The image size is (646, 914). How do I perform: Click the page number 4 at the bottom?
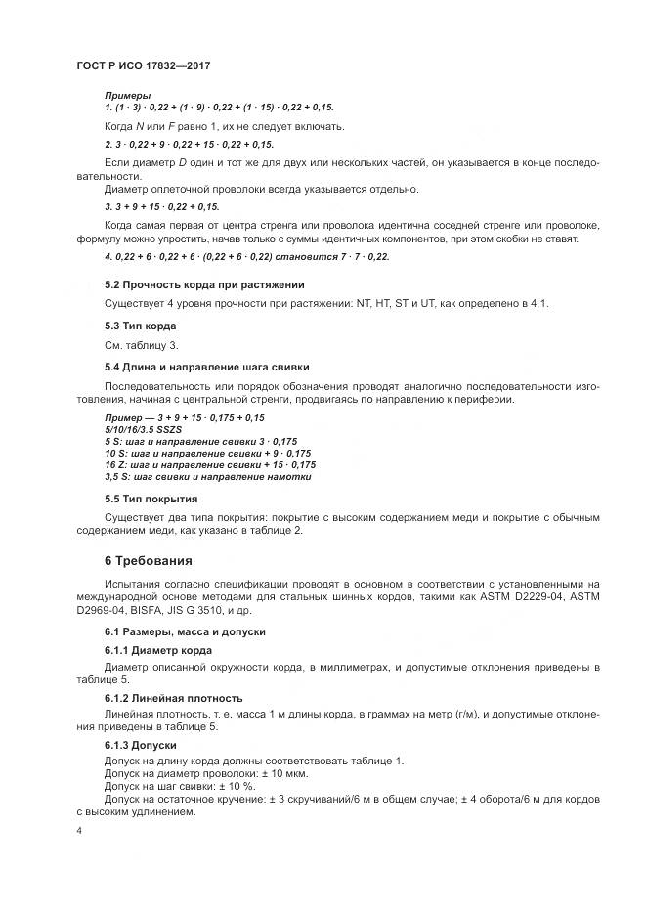(80, 830)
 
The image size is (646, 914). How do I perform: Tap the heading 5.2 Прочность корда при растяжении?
(204, 284)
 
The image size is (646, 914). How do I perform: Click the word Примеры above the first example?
(127, 95)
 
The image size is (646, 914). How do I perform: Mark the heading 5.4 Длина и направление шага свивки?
(206, 366)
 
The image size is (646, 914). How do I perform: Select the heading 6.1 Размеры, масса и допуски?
(184, 631)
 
